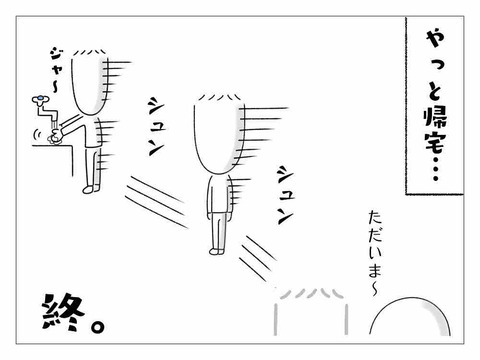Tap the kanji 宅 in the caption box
435,142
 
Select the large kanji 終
63,312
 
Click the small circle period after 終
98,327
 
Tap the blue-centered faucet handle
40,99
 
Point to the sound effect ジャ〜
54,71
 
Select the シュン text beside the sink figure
156,127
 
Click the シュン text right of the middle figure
285,195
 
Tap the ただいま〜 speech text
375,253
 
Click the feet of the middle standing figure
217,251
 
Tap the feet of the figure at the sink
91,189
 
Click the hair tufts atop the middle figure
219,97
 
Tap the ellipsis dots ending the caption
435,168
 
